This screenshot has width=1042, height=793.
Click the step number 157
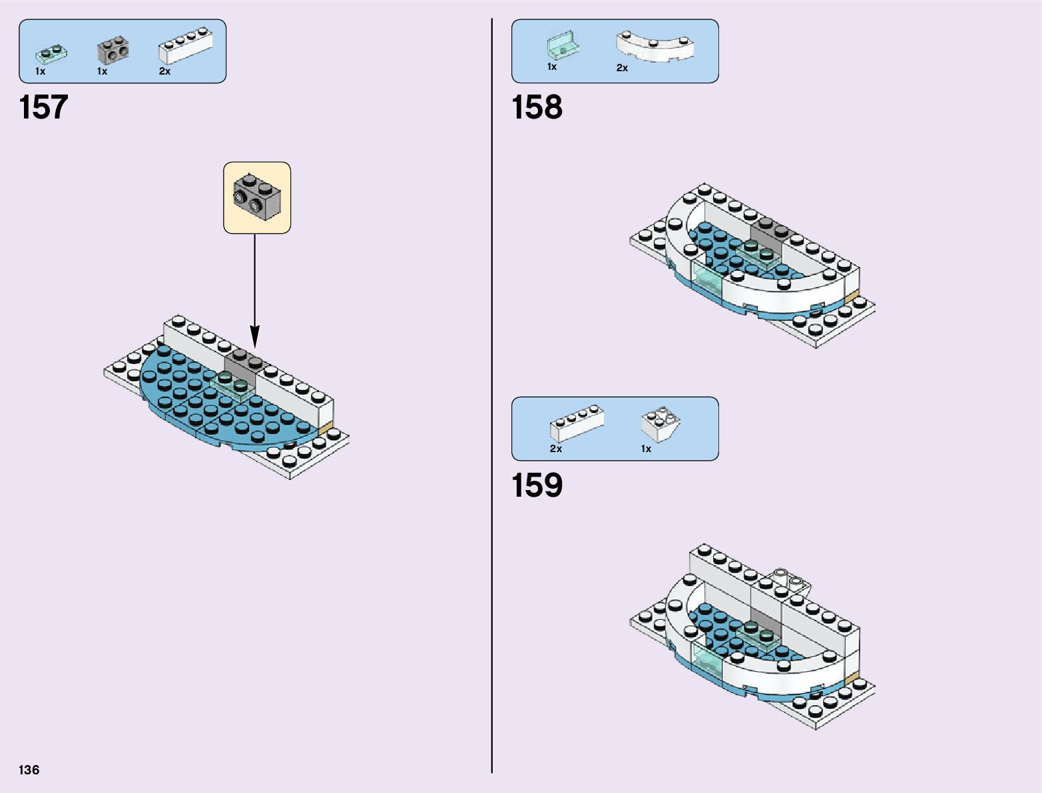pyautogui.click(x=43, y=107)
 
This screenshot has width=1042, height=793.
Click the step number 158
pyautogui.click(x=537, y=107)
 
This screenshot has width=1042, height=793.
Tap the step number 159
pyautogui.click(x=537, y=485)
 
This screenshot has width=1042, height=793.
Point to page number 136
pyautogui.click(x=29, y=770)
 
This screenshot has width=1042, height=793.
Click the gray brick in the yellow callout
pyautogui.click(x=257, y=197)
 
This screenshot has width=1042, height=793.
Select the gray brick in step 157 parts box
pyautogui.click(x=113, y=51)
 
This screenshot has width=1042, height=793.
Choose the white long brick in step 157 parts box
pyautogui.click(x=185, y=47)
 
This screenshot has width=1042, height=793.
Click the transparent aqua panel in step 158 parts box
pyautogui.click(x=563, y=46)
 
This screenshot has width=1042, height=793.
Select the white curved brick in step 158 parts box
pyautogui.click(x=655, y=47)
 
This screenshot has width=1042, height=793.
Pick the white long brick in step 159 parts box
pyautogui.click(x=577, y=423)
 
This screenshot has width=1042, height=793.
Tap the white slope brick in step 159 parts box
pyautogui.click(x=660, y=424)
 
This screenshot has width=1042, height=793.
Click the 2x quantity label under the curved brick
pyautogui.click(x=622, y=68)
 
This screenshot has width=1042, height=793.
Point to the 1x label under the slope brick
pyautogui.click(x=646, y=449)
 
